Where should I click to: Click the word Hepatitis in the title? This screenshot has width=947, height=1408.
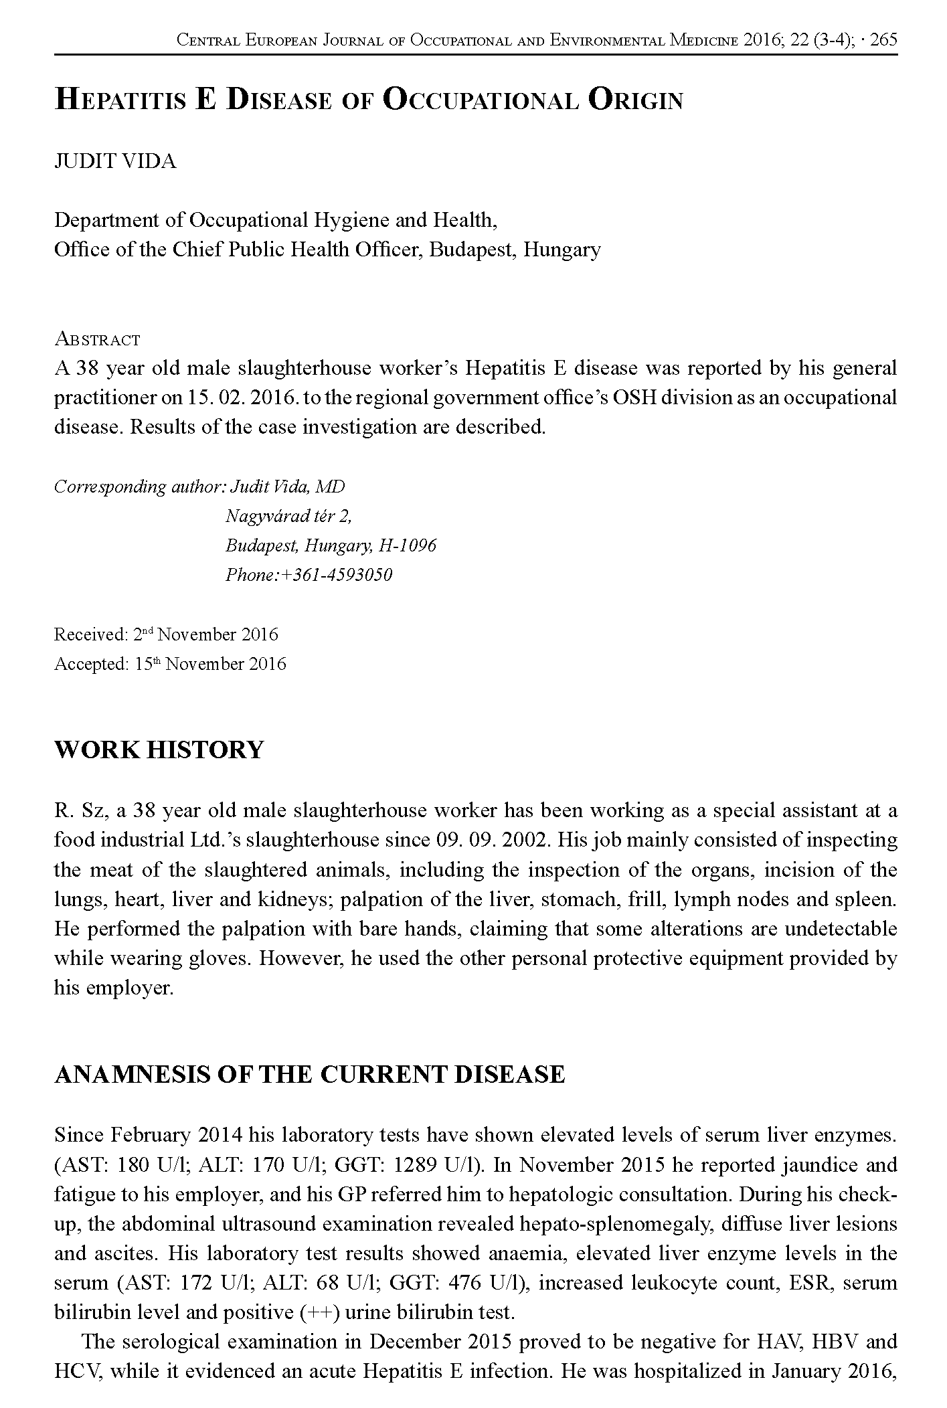(119, 101)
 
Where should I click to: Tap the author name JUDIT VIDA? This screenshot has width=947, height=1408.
(115, 162)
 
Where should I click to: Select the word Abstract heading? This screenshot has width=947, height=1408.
(97, 339)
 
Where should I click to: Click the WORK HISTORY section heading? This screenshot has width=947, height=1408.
(159, 750)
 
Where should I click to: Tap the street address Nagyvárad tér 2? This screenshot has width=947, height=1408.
(288, 516)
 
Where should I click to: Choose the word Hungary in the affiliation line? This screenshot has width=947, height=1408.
(562, 250)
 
